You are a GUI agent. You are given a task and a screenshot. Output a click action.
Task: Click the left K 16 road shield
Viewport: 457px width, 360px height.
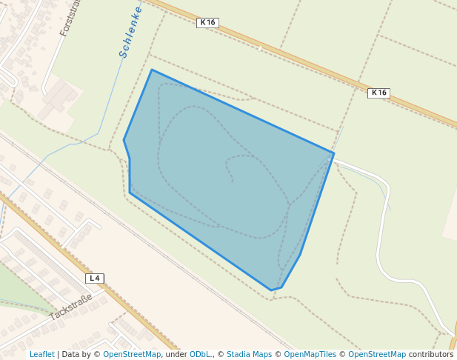pos(207,22)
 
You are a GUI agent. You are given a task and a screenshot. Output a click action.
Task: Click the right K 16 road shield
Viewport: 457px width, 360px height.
pos(378,93)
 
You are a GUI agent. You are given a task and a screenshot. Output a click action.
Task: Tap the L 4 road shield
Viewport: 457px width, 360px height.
pos(94,279)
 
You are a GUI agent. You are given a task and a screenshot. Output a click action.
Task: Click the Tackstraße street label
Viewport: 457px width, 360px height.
pos(71,307)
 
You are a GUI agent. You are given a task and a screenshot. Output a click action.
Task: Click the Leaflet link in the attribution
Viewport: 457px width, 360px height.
pos(42,355)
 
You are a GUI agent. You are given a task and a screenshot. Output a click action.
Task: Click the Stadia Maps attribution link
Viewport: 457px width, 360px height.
pos(249,355)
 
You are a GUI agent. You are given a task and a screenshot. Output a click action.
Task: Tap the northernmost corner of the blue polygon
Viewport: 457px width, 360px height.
pos(152,70)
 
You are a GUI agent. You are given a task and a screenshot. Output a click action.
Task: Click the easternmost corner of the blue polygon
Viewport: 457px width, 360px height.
pos(333,154)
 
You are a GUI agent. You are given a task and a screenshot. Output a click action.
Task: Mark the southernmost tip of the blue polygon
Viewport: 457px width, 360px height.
pos(271,290)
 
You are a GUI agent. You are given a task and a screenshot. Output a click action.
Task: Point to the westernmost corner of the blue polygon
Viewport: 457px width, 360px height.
pos(124,140)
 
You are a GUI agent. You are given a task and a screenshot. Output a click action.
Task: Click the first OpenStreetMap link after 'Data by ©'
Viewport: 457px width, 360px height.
pos(132,355)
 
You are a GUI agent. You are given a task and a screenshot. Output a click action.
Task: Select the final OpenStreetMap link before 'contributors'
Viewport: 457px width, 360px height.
pos(377,355)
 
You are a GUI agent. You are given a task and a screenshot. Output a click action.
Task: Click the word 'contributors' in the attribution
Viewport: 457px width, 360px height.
pos(431,355)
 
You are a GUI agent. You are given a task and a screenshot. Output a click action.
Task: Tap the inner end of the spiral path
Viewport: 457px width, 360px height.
pos(232,181)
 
